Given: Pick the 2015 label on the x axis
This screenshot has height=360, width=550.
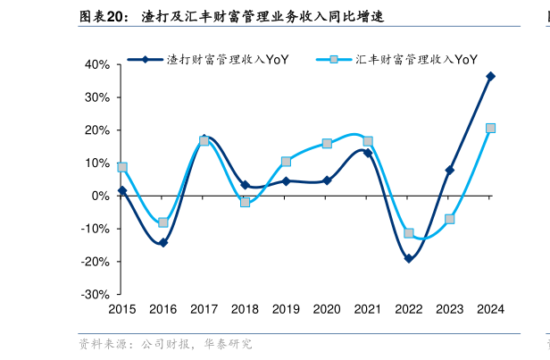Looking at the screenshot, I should pos(122,309).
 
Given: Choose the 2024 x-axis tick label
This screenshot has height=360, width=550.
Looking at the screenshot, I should pos(490,309).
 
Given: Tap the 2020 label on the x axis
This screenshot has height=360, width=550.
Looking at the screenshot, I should pos(327,309).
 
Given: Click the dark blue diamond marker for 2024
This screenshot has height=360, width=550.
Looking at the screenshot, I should pos(490,77).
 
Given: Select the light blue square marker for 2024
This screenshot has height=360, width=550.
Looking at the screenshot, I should pos(490,128).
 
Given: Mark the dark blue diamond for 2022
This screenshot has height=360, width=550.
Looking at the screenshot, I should pos(409,258).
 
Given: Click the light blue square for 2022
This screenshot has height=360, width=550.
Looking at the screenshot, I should pos(409,233).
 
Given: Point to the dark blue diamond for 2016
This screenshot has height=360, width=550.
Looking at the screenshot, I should pos(163,242).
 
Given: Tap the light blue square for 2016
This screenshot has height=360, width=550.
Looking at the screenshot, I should pos(163,222).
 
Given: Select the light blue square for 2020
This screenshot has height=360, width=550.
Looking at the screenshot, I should pos(327,143).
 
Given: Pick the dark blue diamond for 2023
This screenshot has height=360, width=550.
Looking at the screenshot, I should pos(450,170).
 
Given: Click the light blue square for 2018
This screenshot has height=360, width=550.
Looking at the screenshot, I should pos(245,202).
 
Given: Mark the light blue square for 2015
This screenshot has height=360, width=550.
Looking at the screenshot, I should pos(122,167).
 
